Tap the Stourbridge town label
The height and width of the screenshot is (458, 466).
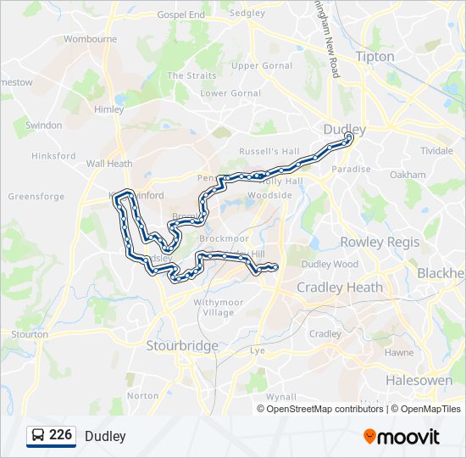[x=182, y=345]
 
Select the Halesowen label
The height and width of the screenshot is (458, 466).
[x=419, y=380]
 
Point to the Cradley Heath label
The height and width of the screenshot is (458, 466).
[x=339, y=288]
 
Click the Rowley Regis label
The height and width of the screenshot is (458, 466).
[x=380, y=242]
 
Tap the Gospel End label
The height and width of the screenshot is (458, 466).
[x=180, y=15]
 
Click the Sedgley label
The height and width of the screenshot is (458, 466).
[x=247, y=14]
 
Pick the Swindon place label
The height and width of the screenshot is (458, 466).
[x=43, y=126]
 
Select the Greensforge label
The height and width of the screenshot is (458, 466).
[x=36, y=196]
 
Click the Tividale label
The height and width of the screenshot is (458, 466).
[x=436, y=150]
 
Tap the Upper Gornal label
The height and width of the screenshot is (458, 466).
[x=262, y=65]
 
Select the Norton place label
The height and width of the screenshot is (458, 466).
[x=142, y=395]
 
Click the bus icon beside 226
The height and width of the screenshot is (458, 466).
[x=38, y=436]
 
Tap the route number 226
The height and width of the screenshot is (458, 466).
[x=60, y=435]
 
